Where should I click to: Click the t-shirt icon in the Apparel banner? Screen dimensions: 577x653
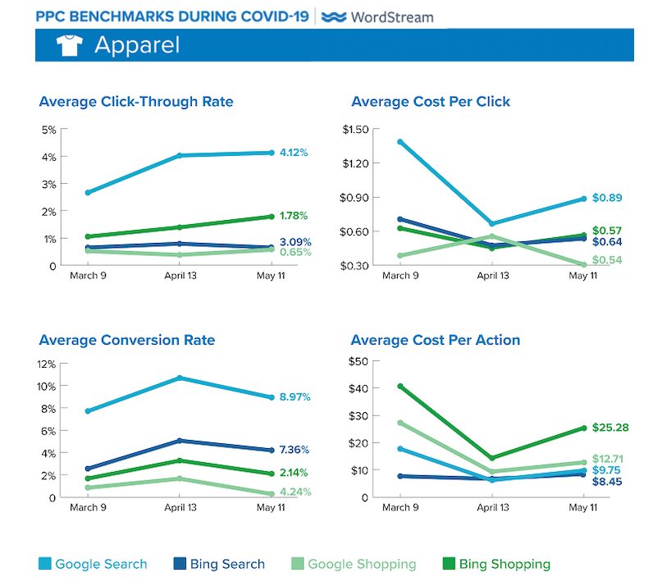pos(70,45)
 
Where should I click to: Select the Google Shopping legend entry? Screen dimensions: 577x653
pos(354,564)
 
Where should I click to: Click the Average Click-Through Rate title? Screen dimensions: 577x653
pos(136,102)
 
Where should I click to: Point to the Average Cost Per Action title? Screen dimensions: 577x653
pos(436,340)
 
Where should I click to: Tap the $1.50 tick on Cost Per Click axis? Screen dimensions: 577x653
pos(356,130)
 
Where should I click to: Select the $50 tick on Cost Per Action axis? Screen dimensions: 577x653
pos(359,361)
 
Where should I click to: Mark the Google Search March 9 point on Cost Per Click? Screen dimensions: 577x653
pos(400,142)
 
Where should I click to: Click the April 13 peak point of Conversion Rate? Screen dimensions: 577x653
pos(180,378)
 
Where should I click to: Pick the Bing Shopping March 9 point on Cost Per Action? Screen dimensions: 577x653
pos(400,387)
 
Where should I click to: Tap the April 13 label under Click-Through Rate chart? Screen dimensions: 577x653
pos(180,276)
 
